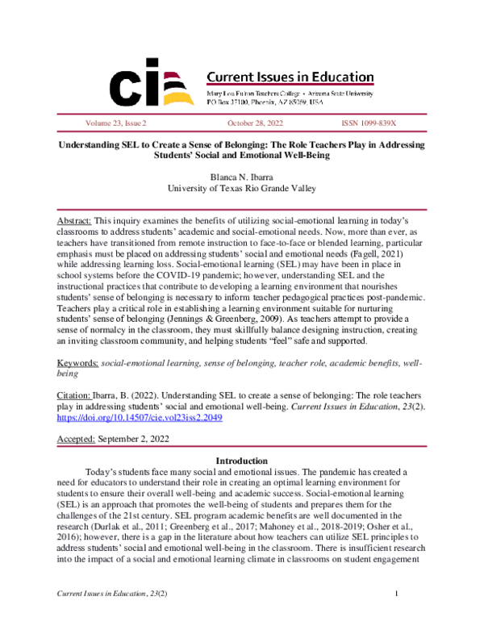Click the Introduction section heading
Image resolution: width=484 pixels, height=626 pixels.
[244, 461]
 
